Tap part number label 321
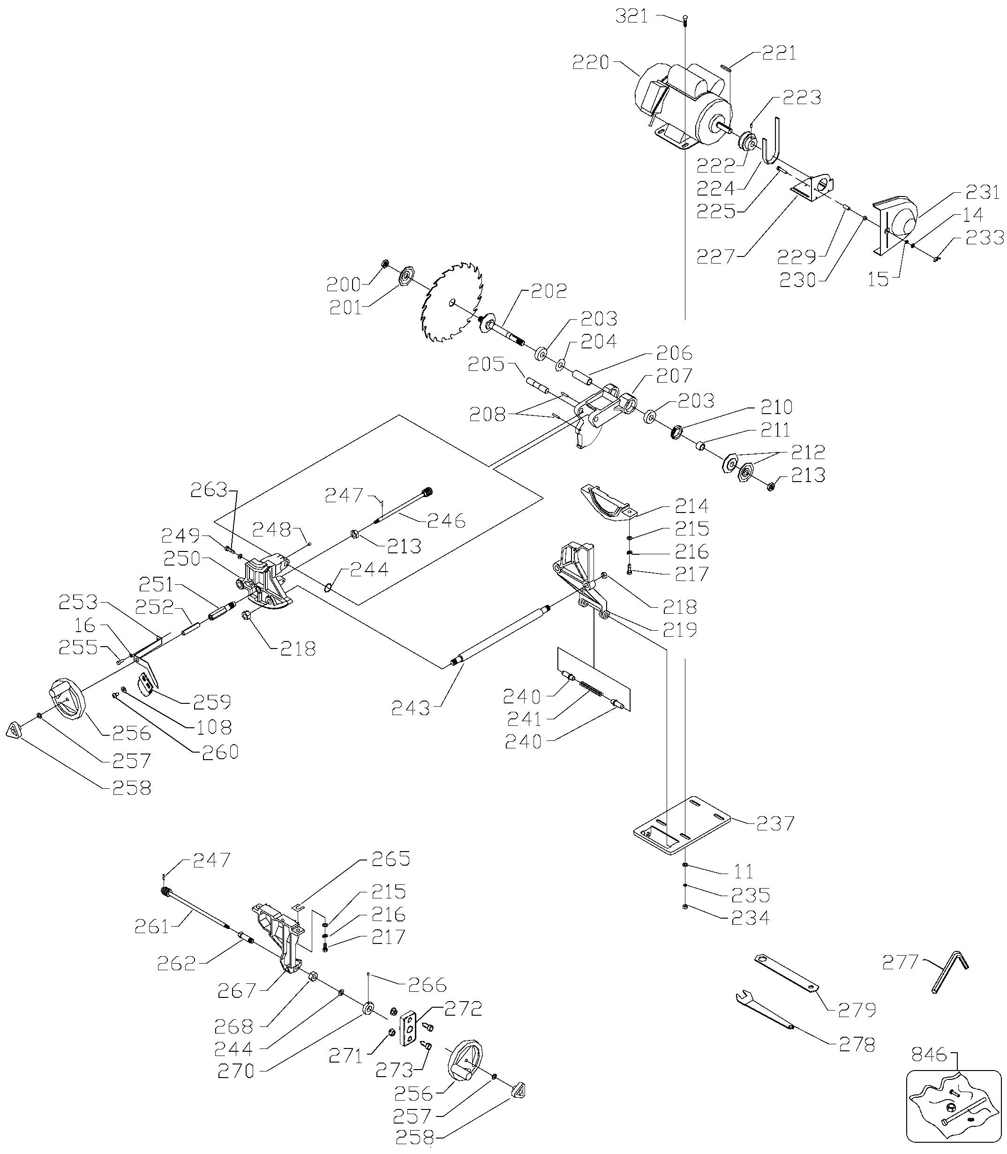631,16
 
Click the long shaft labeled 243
502,634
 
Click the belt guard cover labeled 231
894,222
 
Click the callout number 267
237,990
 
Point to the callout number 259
212,702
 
